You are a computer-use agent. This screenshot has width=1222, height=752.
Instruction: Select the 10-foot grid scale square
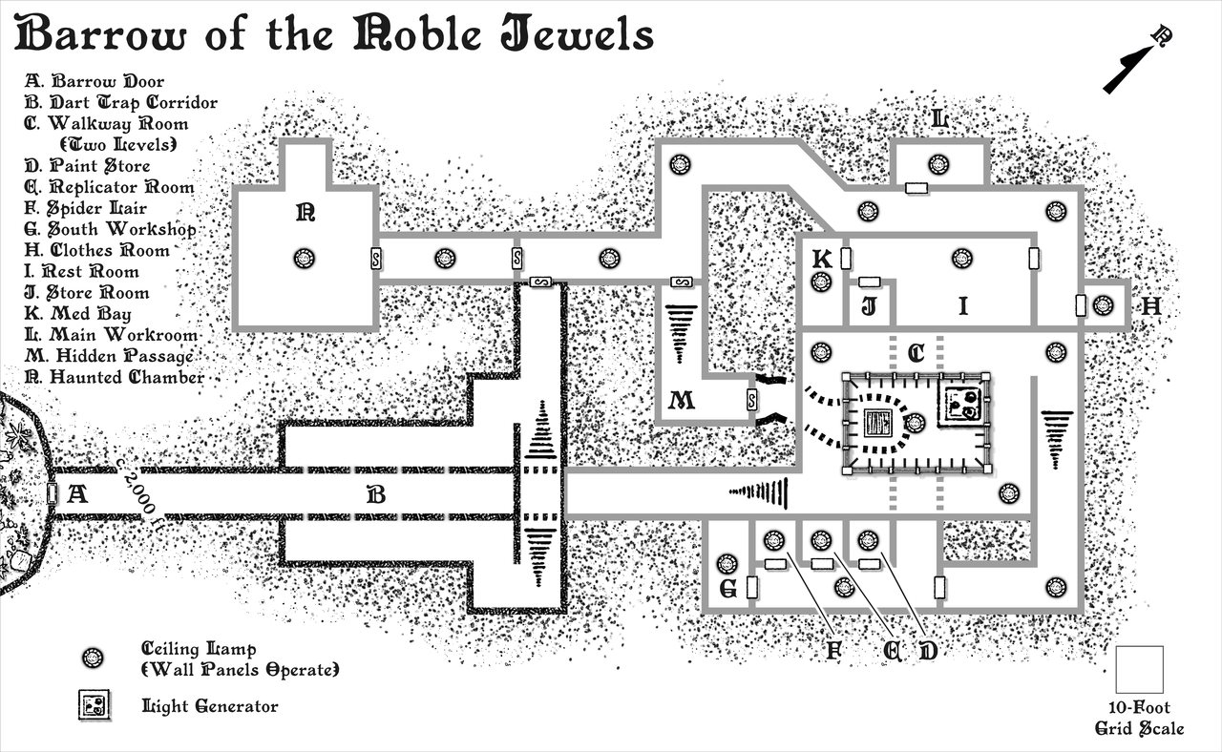click(x=1140, y=669)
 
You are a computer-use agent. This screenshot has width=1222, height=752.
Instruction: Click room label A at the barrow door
click(x=78, y=494)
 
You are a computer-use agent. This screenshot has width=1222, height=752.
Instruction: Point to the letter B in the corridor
click(x=376, y=494)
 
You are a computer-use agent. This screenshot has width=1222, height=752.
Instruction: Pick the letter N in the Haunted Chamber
click(x=305, y=214)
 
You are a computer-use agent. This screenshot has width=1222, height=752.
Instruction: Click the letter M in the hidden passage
click(x=681, y=401)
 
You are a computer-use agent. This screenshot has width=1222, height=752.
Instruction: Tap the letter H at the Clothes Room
click(x=1150, y=306)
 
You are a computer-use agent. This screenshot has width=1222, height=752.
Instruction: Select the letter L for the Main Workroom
click(x=939, y=120)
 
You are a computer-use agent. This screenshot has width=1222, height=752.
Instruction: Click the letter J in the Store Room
click(x=869, y=307)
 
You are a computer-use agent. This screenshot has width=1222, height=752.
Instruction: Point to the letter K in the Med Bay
click(x=820, y=260)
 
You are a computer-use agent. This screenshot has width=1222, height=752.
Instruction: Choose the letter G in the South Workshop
click(x=727, y=590)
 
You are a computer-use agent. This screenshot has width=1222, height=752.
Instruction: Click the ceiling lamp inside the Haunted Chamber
click(x=305, y=258)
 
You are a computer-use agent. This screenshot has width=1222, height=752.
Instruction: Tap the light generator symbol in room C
click(x=961, y=405)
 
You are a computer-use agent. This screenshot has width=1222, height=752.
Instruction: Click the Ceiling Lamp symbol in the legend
click(x=94, y=658)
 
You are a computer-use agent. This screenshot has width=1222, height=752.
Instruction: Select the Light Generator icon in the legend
click(x=94, y=706)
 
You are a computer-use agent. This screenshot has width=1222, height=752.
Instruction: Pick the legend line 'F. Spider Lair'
click(x=86, y=208)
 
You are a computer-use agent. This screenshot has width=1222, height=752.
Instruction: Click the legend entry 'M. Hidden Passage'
click(x=110, y=356)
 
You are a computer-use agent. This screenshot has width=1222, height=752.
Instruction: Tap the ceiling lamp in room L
click(x=938, y=164)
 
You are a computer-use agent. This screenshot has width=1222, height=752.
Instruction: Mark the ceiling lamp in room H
click(x=1104, y=305)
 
